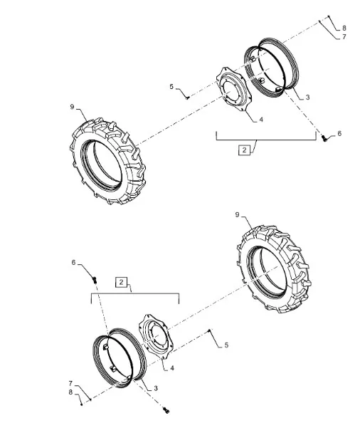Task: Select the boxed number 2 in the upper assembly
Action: (x=245, y=150)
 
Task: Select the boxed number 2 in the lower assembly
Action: (x=121, y=282)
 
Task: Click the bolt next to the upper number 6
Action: (x=324, y=138)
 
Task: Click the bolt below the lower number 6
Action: (x=95, y=279)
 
